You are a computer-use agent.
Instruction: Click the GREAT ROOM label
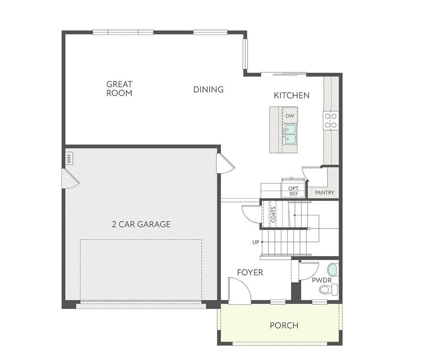(x=119, y=89)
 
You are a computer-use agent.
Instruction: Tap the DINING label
(x=208, y=89)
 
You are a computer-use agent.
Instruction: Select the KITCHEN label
(x=292, y=96)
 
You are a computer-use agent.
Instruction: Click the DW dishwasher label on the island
(x=290, y=116)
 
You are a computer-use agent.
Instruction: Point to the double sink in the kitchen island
(x=290, y=134)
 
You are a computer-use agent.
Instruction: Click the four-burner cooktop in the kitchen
(x=331, y=121)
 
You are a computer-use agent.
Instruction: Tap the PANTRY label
(x=324, y=193)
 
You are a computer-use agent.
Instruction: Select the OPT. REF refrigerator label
(x=294, y=191)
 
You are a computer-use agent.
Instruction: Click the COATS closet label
(x=273, y=215)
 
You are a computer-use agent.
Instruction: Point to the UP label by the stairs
(x=256, y=242)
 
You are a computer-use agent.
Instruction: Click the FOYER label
(x=250, y=272)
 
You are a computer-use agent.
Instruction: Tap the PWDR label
(x=321, y=280)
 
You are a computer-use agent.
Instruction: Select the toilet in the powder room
(x=328, y=290)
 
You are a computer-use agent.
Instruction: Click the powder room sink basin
(x=333, y=270)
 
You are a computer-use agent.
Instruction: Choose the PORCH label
(x=284, y=325)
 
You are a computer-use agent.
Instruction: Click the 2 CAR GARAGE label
(x=141, y=224)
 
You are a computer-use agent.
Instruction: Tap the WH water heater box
(x=69, y=159)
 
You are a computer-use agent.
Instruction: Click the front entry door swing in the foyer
(x=240, y=290)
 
